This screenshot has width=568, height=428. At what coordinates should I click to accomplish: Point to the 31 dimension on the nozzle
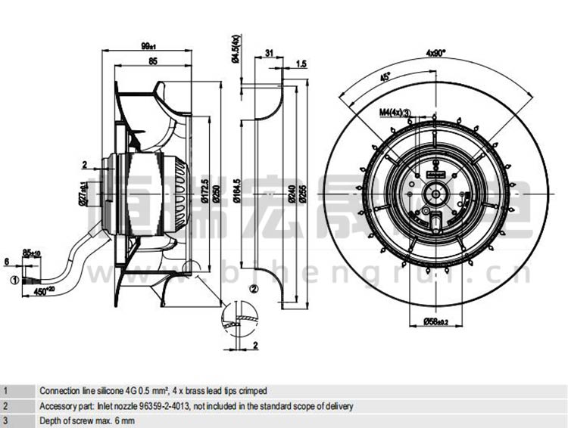click(269, 52)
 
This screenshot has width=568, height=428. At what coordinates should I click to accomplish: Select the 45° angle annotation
click(384, 78)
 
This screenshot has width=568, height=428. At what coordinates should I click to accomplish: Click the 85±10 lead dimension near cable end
click(32, 253)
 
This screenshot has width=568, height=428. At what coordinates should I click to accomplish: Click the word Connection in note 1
click(58, 391)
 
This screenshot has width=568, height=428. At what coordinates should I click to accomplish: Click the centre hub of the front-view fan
click(435, 192)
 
